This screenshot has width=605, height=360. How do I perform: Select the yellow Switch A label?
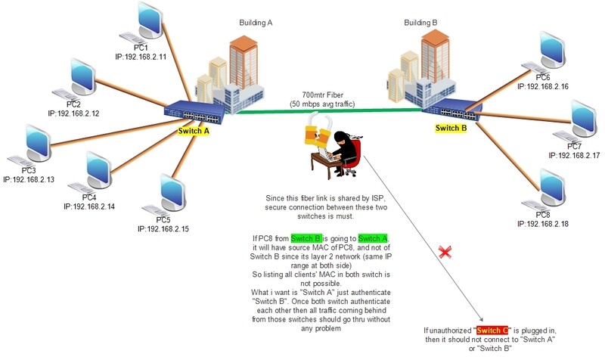(x=194, y=131)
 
